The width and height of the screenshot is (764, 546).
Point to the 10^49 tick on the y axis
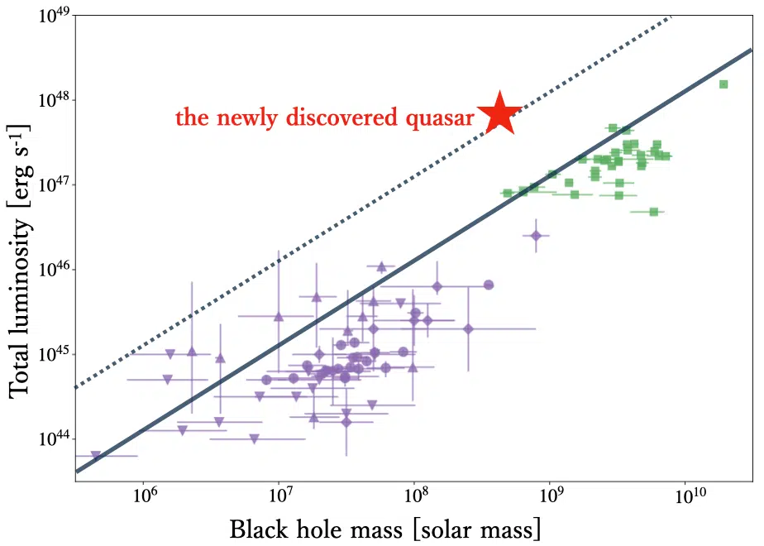pyautogui.click(x=56, y=17)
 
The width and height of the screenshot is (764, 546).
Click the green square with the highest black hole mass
pyautogui.click(x=723, y=84)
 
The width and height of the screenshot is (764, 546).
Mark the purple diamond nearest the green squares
pyautogui.click(x=536, y=236)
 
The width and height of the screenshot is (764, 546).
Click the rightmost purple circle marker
pyautogui.click(x=489, y=285)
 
